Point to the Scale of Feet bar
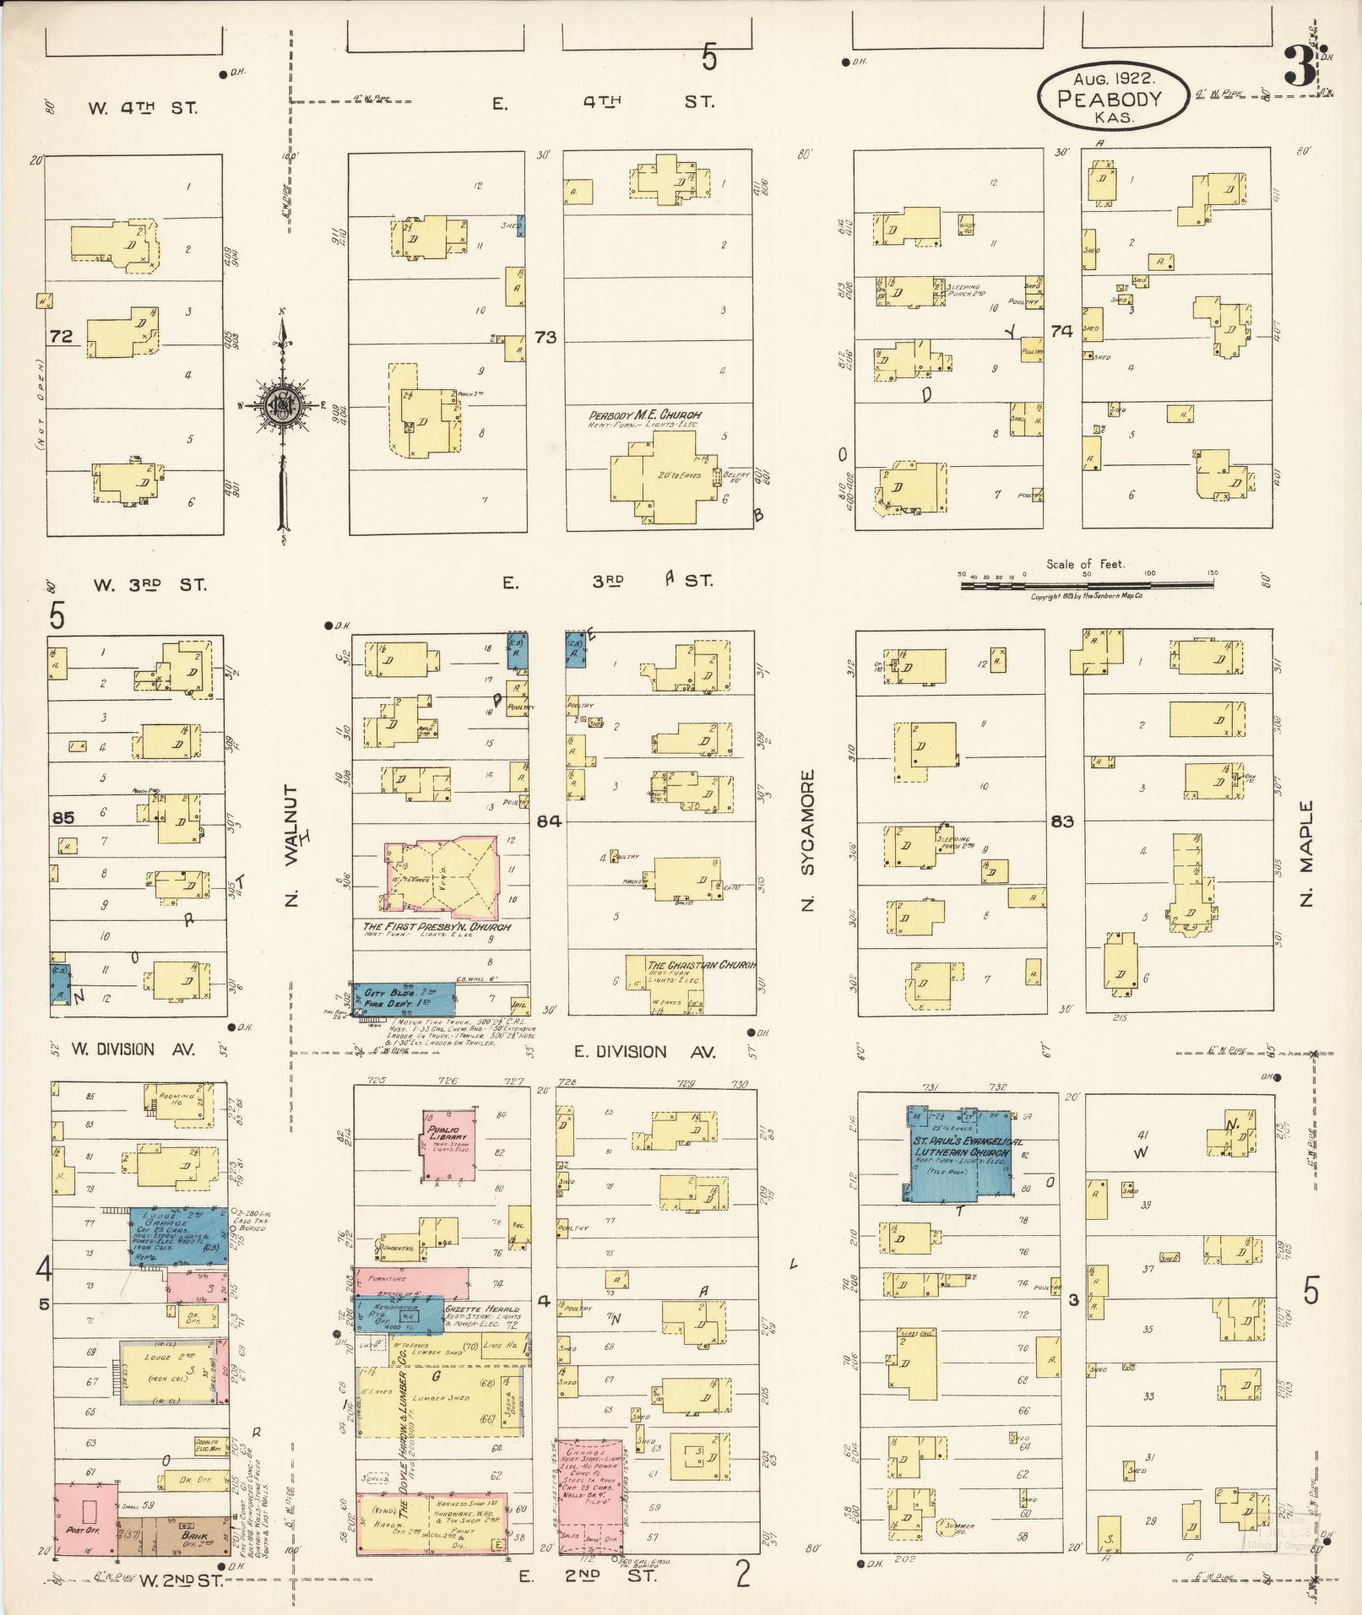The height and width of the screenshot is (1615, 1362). (1088, 583)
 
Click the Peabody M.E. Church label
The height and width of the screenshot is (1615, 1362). (645, 415)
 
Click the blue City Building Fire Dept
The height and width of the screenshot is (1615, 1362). (404, 1000)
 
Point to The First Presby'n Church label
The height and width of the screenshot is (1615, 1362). (437, 926)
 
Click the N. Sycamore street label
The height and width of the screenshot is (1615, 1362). (806, 840)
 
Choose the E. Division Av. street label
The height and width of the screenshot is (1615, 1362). (644, 1052)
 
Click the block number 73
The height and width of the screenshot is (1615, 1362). (545, 338)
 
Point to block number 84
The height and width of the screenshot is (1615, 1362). (548, 820)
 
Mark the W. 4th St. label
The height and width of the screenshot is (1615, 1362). (142, 108)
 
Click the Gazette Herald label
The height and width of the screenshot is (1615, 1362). (483, 1308)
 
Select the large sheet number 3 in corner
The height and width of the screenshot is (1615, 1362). (1299, 68)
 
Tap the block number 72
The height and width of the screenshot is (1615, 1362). (61, 337)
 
